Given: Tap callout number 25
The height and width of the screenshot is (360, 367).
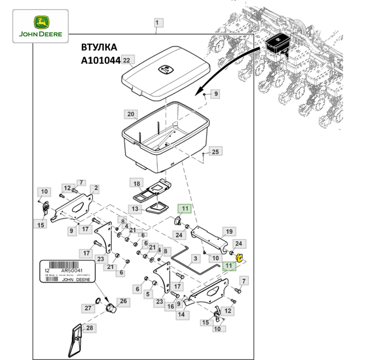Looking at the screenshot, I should click(215, 152).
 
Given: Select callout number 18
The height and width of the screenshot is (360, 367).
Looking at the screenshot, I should click(136, 183).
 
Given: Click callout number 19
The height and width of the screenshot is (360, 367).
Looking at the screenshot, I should click(228, 232).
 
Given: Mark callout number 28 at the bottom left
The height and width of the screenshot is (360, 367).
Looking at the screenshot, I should click(89, 328).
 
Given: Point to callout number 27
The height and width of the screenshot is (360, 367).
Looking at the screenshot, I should click(88, 308).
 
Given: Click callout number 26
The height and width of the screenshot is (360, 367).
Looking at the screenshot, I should click(123, 301).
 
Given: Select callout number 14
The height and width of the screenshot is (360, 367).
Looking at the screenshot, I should click(181, 315).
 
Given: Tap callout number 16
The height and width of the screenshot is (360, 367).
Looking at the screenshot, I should click(170, 307).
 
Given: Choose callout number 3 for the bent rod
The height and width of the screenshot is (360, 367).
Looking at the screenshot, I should click(195, 259).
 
